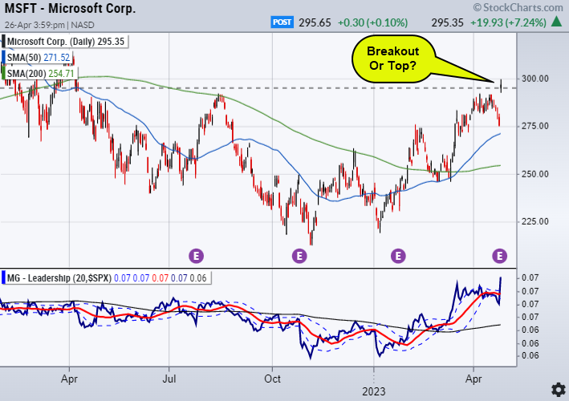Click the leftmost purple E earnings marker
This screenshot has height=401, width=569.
point(197,256)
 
